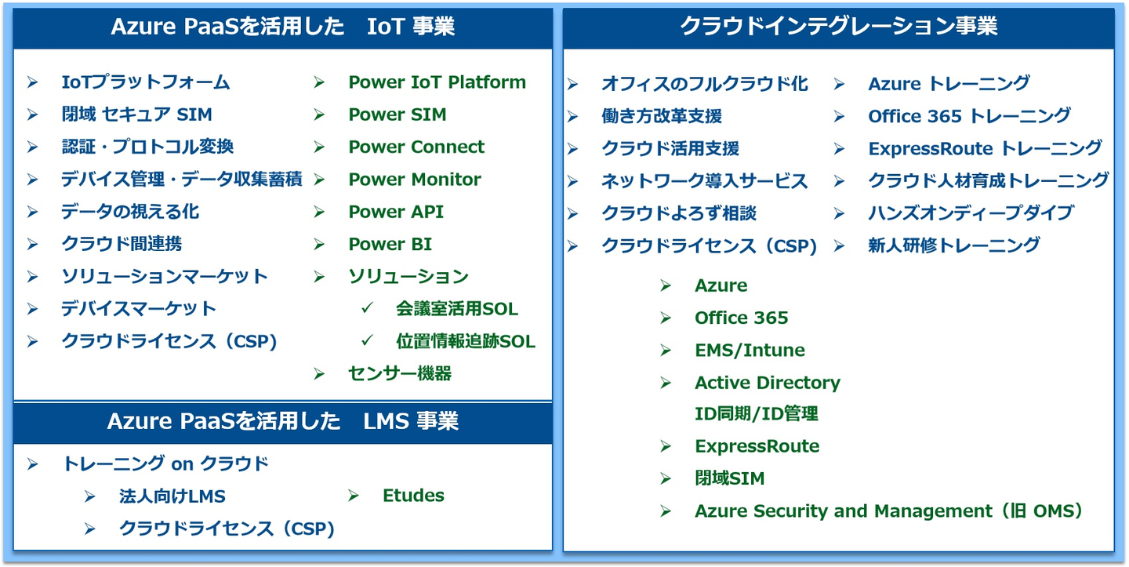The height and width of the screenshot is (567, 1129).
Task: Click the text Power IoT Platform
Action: coord(437,82)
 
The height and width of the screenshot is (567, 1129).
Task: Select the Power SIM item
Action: coord(398,114)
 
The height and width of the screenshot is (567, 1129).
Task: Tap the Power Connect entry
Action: coord(416,147)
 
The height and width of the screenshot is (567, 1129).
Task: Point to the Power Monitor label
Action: coord(414,179)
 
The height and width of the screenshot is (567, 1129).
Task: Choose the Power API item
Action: coord(396,212)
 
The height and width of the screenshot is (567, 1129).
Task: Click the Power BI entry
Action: coord(390,244)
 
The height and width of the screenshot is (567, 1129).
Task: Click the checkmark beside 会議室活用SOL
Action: coord(368,307)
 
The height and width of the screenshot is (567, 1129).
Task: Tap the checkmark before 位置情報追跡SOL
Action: coord(368,340)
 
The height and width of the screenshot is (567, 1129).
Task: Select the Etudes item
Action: coord(413,496)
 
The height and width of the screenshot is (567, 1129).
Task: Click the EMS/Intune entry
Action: coord(750,350)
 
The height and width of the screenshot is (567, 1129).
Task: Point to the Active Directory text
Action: coord(767,383)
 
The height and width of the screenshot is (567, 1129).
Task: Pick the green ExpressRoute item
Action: coord(757,446)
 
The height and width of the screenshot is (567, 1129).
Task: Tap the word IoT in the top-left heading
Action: coord(385,26)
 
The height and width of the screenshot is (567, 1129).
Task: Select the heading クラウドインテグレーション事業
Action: coord(839,26)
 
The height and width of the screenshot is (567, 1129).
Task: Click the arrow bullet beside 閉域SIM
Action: coord(666,478)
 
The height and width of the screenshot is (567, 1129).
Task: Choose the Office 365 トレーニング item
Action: coord(969,116)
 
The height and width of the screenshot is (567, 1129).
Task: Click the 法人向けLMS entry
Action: coord(172,496)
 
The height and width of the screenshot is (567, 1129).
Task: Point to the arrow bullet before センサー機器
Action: coord(319,374)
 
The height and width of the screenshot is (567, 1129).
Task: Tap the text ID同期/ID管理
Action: coord(756,414)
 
